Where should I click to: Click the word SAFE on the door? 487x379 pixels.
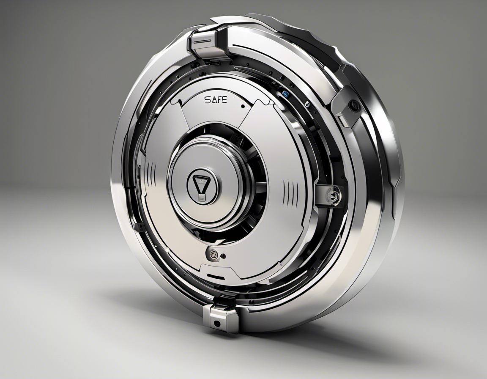coord(216,99)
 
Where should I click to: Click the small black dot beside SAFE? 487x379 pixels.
coord(243,106)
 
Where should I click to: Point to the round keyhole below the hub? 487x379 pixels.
coord(213,255)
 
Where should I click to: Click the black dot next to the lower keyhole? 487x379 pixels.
coord(223,256)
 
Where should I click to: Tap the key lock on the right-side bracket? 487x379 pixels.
coord(335,195)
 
